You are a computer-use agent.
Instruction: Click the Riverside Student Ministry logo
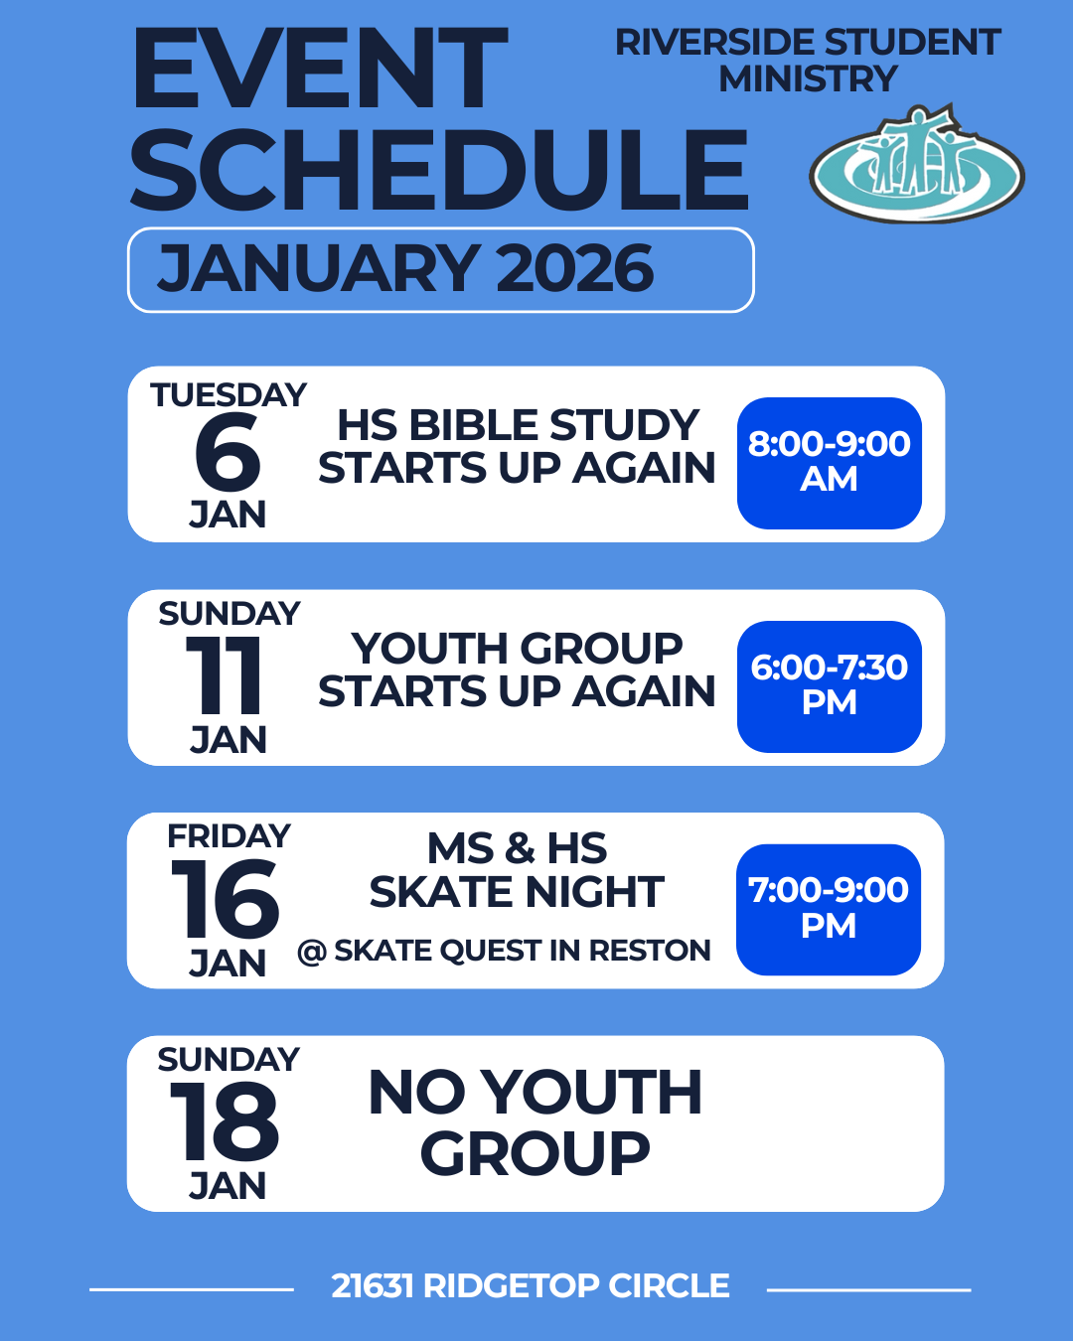pos(917,164)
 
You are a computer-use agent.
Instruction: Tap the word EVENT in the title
pos(319,70)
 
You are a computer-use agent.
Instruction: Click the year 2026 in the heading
pos(575,268)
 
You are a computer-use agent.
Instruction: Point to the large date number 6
pos(228,452)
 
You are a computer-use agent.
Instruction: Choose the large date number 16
pos(225,898)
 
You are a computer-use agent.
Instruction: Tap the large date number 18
pos(224,1121)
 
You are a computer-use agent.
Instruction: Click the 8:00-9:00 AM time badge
pos(830,463)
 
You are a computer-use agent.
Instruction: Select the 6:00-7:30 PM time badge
pos(830,686)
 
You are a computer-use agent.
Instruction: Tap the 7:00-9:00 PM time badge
pos(829,909)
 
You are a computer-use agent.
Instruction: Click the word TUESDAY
pos(229,395)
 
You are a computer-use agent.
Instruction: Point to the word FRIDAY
pos(229,836)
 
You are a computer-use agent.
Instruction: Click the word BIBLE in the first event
pos(473,425)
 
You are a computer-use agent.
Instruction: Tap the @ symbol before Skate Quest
pos(312,952)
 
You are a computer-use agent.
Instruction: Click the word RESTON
pos(650,951)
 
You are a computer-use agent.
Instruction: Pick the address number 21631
pos(373,1285)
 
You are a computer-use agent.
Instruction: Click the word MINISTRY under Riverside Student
pos(808,79)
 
